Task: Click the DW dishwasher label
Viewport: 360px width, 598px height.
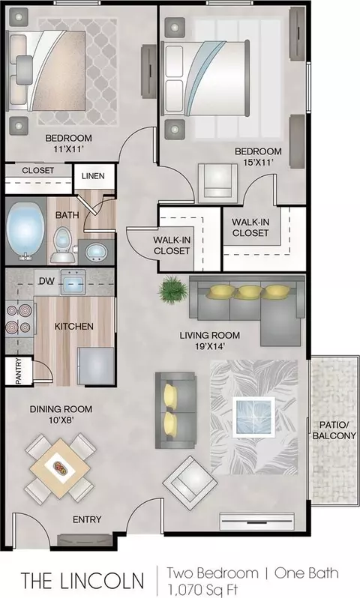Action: [x=46, y=281]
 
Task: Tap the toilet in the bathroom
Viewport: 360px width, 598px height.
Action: [x=61, y=244]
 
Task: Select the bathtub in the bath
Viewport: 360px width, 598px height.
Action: [x=25, y=230]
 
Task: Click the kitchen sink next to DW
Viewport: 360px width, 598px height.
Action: [x=73, y=283]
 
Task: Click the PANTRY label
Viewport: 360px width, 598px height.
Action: [x=18, y=371]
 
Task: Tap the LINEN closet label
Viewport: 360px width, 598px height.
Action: [x=93, y=176]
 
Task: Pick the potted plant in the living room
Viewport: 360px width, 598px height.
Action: [x=173, y=289]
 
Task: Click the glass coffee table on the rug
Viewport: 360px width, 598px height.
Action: [x=253, y=416]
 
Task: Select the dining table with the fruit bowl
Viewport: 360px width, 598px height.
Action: [x=60, y=468]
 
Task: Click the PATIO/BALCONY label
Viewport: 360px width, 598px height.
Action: [x=334, y=430]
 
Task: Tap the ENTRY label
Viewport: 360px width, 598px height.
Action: [x=87, y=519]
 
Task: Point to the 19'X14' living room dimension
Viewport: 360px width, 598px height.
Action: [x=209, y=346]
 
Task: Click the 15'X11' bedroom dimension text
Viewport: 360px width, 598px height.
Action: [x=259, y=162]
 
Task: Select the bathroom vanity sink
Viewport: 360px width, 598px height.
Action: [x=94, y=253]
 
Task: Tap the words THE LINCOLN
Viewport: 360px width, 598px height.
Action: [x=82, y=581]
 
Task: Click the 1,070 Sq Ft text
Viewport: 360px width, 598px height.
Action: [x=202, y=589]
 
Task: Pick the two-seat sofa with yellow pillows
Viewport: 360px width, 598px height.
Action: [x=175, y=410]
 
